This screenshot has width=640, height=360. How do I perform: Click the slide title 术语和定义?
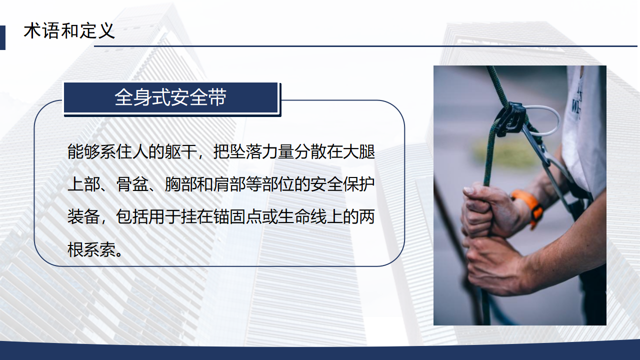point(69,31)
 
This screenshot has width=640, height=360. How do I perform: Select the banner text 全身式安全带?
point(170,97)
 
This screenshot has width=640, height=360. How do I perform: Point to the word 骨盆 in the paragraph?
point(132,184)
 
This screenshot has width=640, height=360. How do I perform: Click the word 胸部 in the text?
point(181,184)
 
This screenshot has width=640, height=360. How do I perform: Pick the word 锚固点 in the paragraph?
point(237,217)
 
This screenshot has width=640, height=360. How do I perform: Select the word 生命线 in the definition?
point(302,217)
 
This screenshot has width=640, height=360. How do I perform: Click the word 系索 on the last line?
point(100,249)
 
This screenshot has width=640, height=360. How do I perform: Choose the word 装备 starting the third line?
point(83,217)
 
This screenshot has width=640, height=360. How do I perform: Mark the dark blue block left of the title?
point(2,37)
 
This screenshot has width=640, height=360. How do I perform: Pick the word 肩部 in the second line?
point(229,184)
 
